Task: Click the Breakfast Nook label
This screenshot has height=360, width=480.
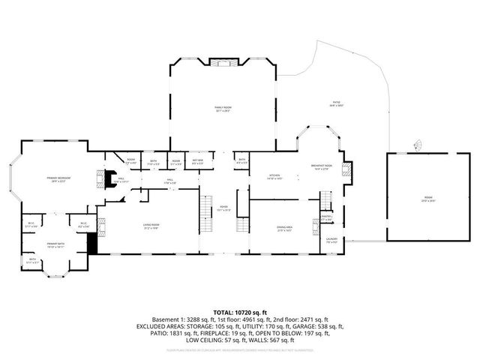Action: tap(322, 166)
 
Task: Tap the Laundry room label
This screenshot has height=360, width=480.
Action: tap(331, 239)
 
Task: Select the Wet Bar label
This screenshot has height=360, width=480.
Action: tap(198, 160)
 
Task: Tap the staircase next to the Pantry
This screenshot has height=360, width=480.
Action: tap(326, 201)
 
